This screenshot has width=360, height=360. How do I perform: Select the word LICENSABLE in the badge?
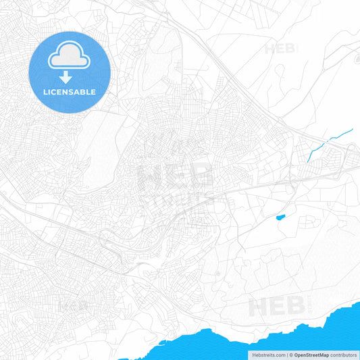[70, 92]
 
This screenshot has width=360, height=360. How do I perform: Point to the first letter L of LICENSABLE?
[45, 92]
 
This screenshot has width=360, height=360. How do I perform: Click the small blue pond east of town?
[280, 217]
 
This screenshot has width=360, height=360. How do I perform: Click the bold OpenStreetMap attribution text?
[311, 354]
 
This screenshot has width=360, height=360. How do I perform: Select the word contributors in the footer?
[344, 354]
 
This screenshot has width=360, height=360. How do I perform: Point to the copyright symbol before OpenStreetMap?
[291, 354]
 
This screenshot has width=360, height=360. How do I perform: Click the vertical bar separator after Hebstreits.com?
[286, 354]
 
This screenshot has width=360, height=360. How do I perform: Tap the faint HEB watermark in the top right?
[280, 49]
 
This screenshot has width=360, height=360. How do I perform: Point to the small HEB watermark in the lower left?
[74, 305]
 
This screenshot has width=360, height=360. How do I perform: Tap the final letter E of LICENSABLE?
[93, 92]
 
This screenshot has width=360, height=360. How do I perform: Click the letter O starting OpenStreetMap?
[297, 354]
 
